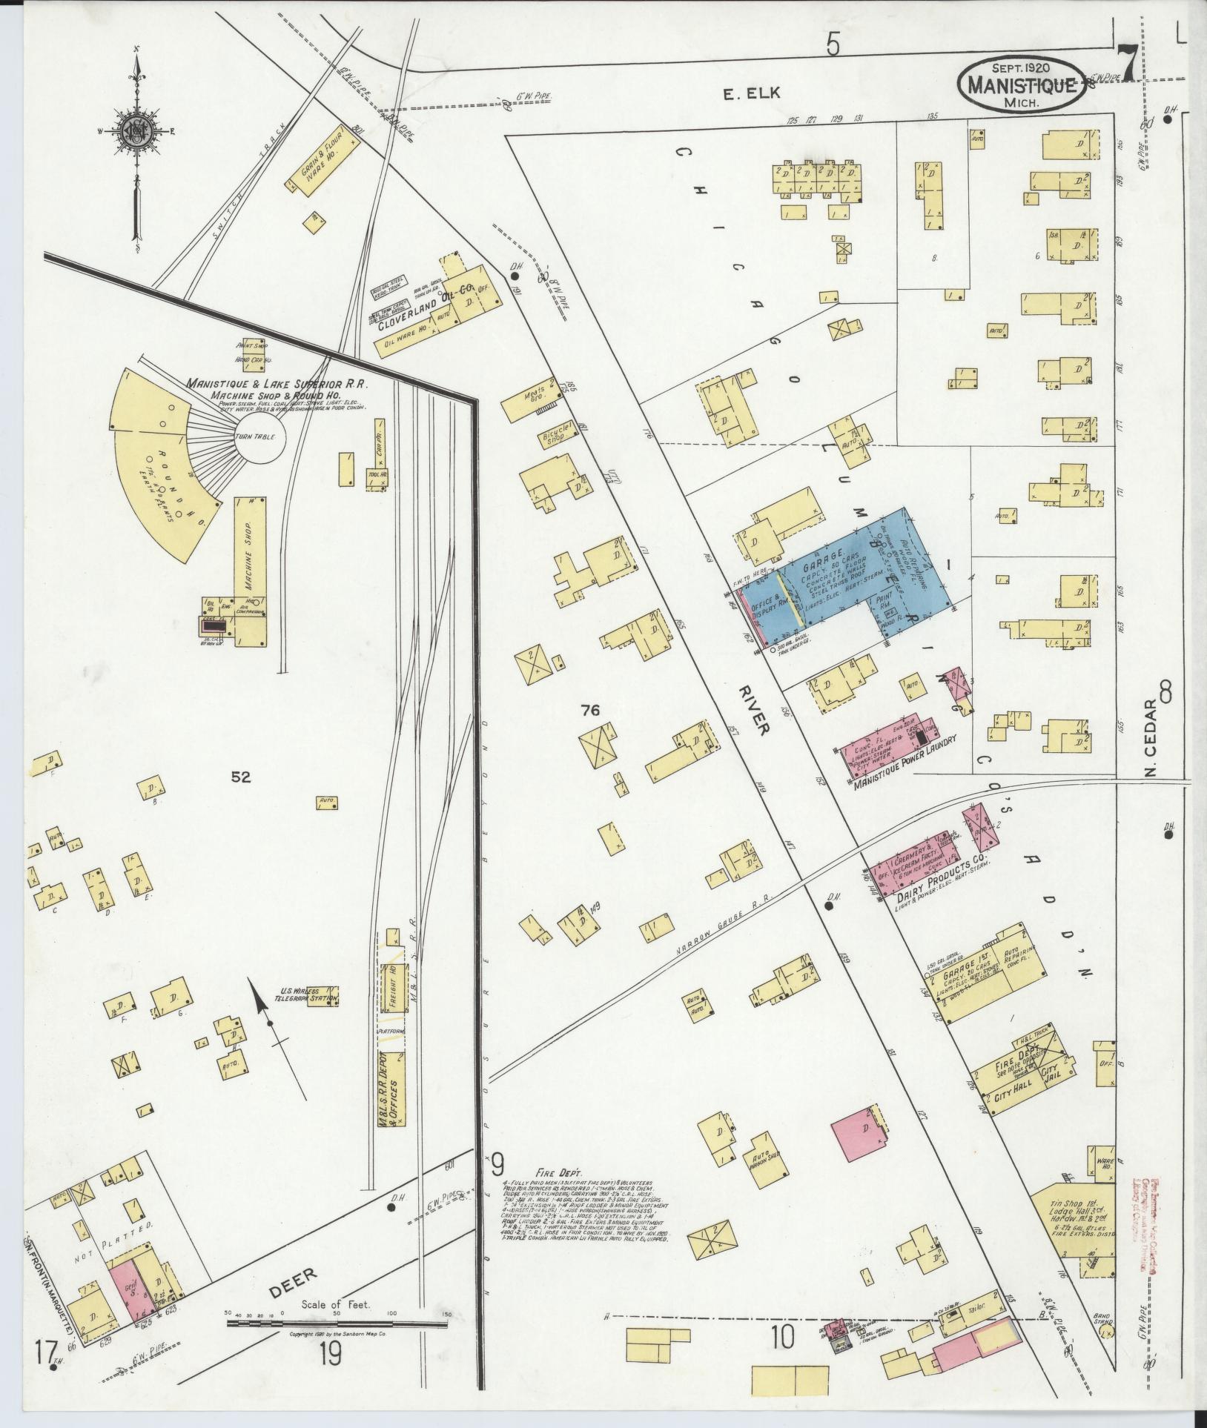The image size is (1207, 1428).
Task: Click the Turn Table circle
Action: [256, 437]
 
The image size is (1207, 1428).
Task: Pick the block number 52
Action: [240, 777]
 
